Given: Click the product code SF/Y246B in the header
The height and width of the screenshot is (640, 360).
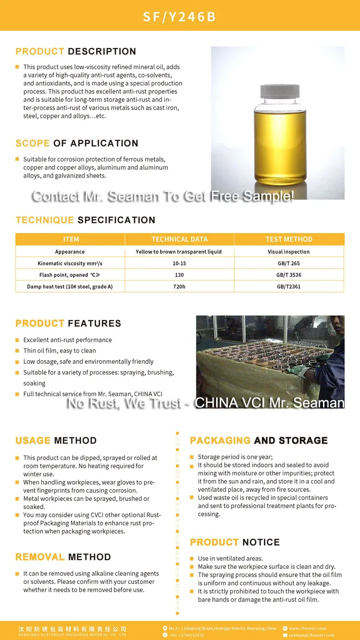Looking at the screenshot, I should pos(179,17).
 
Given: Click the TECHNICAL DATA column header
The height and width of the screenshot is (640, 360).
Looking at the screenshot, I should pos(179,239).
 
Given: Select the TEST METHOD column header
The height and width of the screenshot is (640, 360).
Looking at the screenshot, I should pos(289,239).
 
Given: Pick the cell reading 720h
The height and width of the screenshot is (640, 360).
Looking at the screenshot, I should pos(179,287).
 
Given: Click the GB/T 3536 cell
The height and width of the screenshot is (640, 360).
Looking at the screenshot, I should pos(289,275).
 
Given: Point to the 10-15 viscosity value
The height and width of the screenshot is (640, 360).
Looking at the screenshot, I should pos(179,263).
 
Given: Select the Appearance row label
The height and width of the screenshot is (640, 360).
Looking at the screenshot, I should pos(70,252).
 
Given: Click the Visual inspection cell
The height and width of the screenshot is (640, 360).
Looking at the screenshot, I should pos(289,252).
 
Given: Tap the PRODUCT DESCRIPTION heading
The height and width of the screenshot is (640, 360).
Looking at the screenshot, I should pos(76,51).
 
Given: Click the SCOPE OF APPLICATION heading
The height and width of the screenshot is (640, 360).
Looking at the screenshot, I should pos(77,143).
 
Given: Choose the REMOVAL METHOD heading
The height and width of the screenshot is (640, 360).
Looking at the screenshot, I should pos(63,557).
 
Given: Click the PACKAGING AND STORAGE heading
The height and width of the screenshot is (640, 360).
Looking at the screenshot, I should pos(259,440).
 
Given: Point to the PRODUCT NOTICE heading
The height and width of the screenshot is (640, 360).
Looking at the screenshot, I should pos(235,542).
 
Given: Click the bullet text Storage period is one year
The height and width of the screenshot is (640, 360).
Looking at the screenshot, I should pos(235,457).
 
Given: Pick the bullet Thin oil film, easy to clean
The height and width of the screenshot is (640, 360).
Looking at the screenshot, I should pos(60,351).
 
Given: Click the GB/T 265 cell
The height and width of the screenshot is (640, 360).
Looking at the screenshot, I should pos(289,263).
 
